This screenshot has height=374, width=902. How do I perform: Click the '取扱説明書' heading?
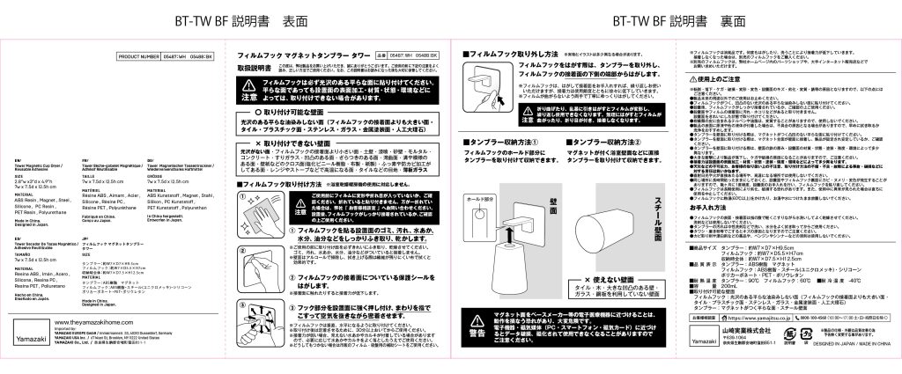point(254,67)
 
